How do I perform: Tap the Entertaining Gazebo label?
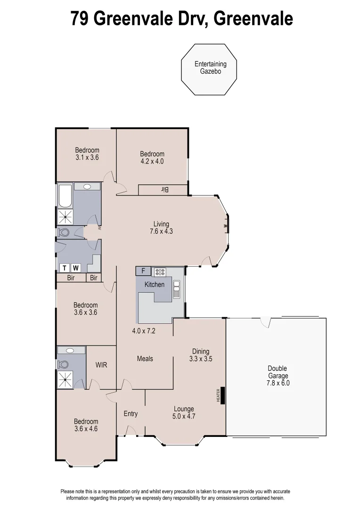210,68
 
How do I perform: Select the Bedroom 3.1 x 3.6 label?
87,154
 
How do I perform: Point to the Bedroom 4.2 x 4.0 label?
152,157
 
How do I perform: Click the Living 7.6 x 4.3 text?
161,228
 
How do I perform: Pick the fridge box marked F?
143,271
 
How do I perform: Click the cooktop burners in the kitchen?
160,271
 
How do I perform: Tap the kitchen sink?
177,289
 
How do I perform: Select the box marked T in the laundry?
65,268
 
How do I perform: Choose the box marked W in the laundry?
76,268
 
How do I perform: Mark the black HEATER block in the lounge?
223,395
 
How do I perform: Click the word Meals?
145,359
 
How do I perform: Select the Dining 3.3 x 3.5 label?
200,354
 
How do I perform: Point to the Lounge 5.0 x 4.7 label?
184,412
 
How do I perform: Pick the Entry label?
131,414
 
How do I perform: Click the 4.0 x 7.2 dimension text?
144,331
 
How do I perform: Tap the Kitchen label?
154,285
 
